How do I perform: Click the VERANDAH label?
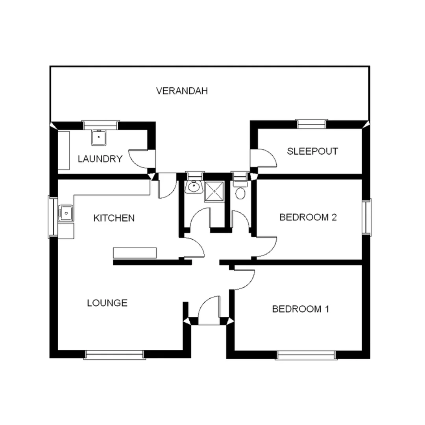point(181,91)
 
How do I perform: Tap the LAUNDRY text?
point(100,159)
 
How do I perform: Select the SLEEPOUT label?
point(312,151)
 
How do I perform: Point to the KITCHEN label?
point(114,218)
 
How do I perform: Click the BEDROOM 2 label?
point(308,217)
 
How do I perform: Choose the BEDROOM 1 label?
point(301,309)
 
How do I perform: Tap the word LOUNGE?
point(107,303)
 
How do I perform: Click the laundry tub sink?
point(98,137)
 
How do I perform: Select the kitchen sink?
point(66,213)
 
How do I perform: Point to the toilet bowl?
point(240,193)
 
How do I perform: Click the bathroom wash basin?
point(193,188)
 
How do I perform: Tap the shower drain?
point(214,192)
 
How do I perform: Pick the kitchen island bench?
point(135,253)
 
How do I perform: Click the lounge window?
point(115,355)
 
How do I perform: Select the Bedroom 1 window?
point(307,355)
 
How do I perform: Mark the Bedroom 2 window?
point(367,217)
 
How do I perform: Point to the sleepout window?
point(312,124)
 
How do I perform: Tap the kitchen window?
point(53,216)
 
